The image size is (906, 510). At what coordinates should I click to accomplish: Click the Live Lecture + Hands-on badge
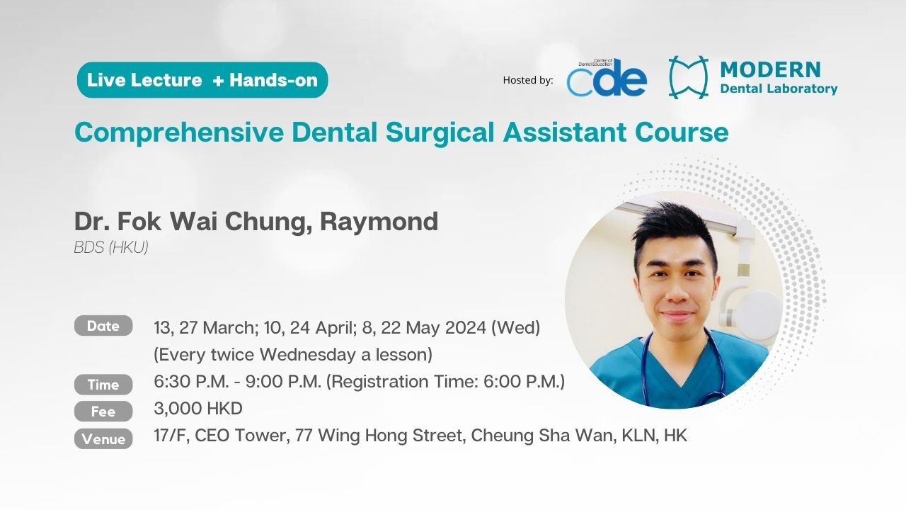202,80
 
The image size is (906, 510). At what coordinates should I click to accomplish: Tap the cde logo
607,77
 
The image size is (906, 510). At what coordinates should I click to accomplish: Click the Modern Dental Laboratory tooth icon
689,77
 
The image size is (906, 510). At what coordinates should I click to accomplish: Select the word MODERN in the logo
771,69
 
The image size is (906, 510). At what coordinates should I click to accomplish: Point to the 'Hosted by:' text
528,80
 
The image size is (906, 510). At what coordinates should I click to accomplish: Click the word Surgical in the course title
440,132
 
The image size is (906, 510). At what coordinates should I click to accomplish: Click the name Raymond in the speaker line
379,222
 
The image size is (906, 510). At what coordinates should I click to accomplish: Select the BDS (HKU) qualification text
111,247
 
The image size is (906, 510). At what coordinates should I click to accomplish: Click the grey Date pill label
103,326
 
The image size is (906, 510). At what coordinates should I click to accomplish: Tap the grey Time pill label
103,385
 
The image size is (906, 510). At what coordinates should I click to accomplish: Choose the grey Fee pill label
103,412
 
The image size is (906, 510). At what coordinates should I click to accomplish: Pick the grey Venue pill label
103,438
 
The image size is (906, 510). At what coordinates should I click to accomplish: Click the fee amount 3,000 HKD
198,409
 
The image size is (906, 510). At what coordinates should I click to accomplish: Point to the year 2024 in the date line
465,327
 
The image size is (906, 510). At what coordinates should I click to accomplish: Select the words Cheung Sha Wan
541,436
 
